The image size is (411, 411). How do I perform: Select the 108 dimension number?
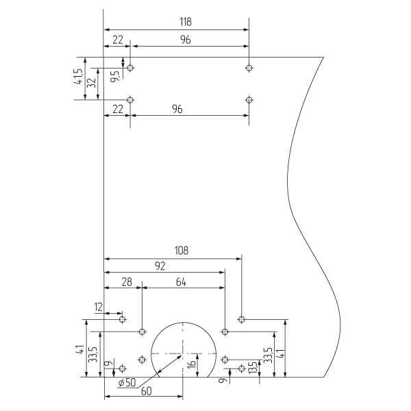pyautogui.click(x=181, y=251)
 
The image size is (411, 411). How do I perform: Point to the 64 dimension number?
pyautogui.click(x=182, y=282)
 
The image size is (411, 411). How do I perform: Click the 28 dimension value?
pyautogui.click(x=126, y=282)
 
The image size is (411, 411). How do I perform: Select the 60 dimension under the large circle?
pyautogui.click(x=146, y=391)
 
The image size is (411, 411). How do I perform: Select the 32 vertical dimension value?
pyautogui.click(x=90, y=85)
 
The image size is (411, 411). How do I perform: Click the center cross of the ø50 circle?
pyautogui.click(x=183, y=353)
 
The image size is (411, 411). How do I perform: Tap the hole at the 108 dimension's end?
pyautogui.click(x=241, y=319)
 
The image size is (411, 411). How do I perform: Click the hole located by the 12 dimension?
pyautogui.click(x=123, y=319)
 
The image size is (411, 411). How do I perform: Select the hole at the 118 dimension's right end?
pyautogui.click(x=249, y=68)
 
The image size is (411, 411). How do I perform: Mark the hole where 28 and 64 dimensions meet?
pyautogui.click(x=142, y=332)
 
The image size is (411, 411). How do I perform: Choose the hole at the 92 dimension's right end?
pyautogui.click(x=225, y=332)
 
